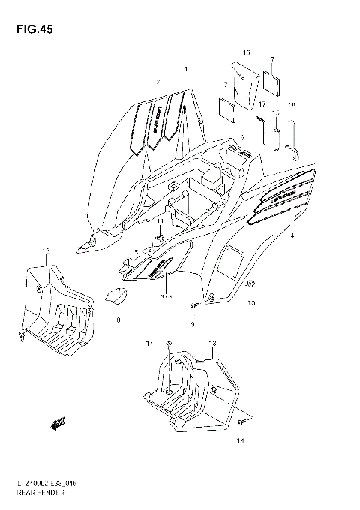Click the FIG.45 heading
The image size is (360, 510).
click(x=31, y=29)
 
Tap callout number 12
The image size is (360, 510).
click(x=46, y=250)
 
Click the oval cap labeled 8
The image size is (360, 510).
click(x=114, y=297)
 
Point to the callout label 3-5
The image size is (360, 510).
click(x=165, y=297)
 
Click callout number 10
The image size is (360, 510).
click(x=252, y=303)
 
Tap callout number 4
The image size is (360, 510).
click(x=292, y=235)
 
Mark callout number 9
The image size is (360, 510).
click(x=192, y=325)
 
